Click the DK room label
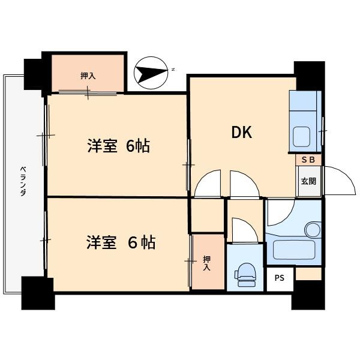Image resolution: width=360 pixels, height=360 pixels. [x=242, y=132]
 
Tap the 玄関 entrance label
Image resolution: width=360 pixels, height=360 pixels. [x=308, y=181]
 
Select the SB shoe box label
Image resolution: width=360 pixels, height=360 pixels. [x=308, y=160]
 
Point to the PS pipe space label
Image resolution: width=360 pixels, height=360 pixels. [x=280, y=278]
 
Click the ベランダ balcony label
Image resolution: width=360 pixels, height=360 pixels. [x=23, y=181]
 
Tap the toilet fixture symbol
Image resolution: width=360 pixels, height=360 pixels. [x=245, y=275]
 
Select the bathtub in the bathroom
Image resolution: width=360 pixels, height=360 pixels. [x=294, y=250]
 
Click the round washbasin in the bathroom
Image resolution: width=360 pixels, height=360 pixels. [x=313, y=230]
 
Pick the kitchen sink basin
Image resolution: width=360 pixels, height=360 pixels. [x=301, y=137]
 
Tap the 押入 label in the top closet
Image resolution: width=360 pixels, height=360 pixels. [x=88, y=76]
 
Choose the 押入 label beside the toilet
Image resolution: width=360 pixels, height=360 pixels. [x=206, y=263]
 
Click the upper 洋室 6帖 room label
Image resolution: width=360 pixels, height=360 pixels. [x=118, y=146]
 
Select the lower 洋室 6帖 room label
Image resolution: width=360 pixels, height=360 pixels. [x=121, y=242]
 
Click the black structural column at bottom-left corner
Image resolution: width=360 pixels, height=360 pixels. [x=38, y=293]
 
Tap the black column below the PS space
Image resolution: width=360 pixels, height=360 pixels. [x=308, y=295]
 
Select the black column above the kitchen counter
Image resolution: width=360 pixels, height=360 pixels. [x=310, y=76]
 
